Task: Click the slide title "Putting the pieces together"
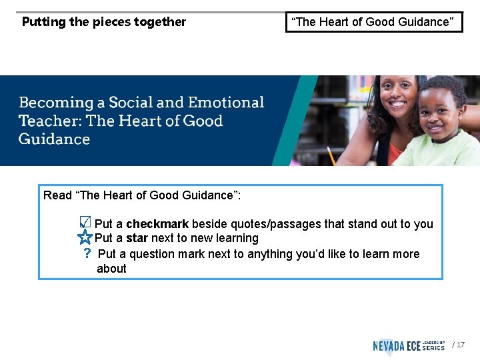[x=104, y=22]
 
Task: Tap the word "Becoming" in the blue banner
[x=56, y=103]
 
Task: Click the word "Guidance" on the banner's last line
[x=54, y=139]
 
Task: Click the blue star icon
[x=85, y=237]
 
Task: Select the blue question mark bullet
[x=87, y=254]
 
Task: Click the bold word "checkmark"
[x=157, y=224]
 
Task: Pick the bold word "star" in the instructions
[x=137, y=238]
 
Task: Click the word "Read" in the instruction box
[x=57, y=195]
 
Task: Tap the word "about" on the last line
[x=111, y=269]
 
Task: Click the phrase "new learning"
[x=225, y=238]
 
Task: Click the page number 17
[x=461, y=345]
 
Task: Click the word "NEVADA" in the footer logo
[x=393, y=345]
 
